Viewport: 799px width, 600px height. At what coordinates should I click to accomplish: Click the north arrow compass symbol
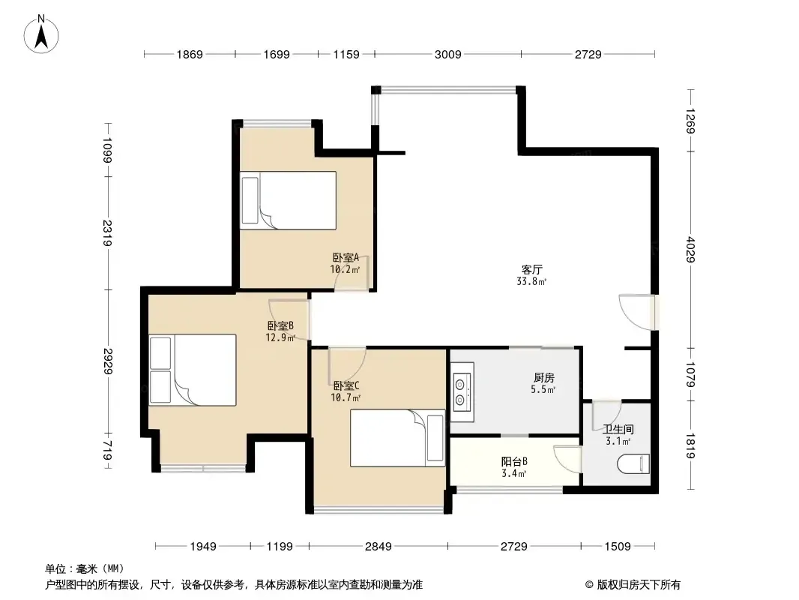click(x=41, y=34)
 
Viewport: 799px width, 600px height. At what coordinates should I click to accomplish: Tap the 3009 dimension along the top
click(x=448, y=54)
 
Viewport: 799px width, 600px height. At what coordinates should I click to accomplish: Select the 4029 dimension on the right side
click(x=691, y=249)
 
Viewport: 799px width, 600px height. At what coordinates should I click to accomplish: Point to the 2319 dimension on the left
click(x=107, y=233)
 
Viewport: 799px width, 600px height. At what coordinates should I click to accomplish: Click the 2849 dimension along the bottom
click(x=378, y=547)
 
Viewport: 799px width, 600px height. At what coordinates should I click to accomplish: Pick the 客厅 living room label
click(x=531, y=269)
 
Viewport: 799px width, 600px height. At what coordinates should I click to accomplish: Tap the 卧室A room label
click(x=346, y=257)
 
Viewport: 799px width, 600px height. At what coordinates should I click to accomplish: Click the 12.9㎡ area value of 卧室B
click(x=280, y=337)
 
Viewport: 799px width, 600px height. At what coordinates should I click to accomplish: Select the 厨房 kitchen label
click(x=543, y=378)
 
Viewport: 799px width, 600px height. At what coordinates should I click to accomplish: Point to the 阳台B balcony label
click(x=514, y=462)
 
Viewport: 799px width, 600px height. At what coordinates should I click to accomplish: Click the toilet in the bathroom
click(x=633, y=464)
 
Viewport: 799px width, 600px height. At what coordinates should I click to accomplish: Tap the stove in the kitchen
click(x=462, y=392)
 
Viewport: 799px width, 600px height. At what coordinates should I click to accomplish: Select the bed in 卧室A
click(x=289, y=200)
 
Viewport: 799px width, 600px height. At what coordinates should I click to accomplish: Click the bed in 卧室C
click(x=397, y=438)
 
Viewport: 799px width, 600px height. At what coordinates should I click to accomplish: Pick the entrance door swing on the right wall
click(x=636, y=311)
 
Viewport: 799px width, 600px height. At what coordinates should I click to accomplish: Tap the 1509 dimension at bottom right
click(x=618, y=547)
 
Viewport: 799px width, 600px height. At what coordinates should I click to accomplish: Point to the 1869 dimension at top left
click(x=190, y=54)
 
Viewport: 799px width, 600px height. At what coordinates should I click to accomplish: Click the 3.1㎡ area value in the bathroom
click(x=618, y=441)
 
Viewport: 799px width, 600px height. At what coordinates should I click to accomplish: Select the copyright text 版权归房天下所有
click(x=639, y=585)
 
